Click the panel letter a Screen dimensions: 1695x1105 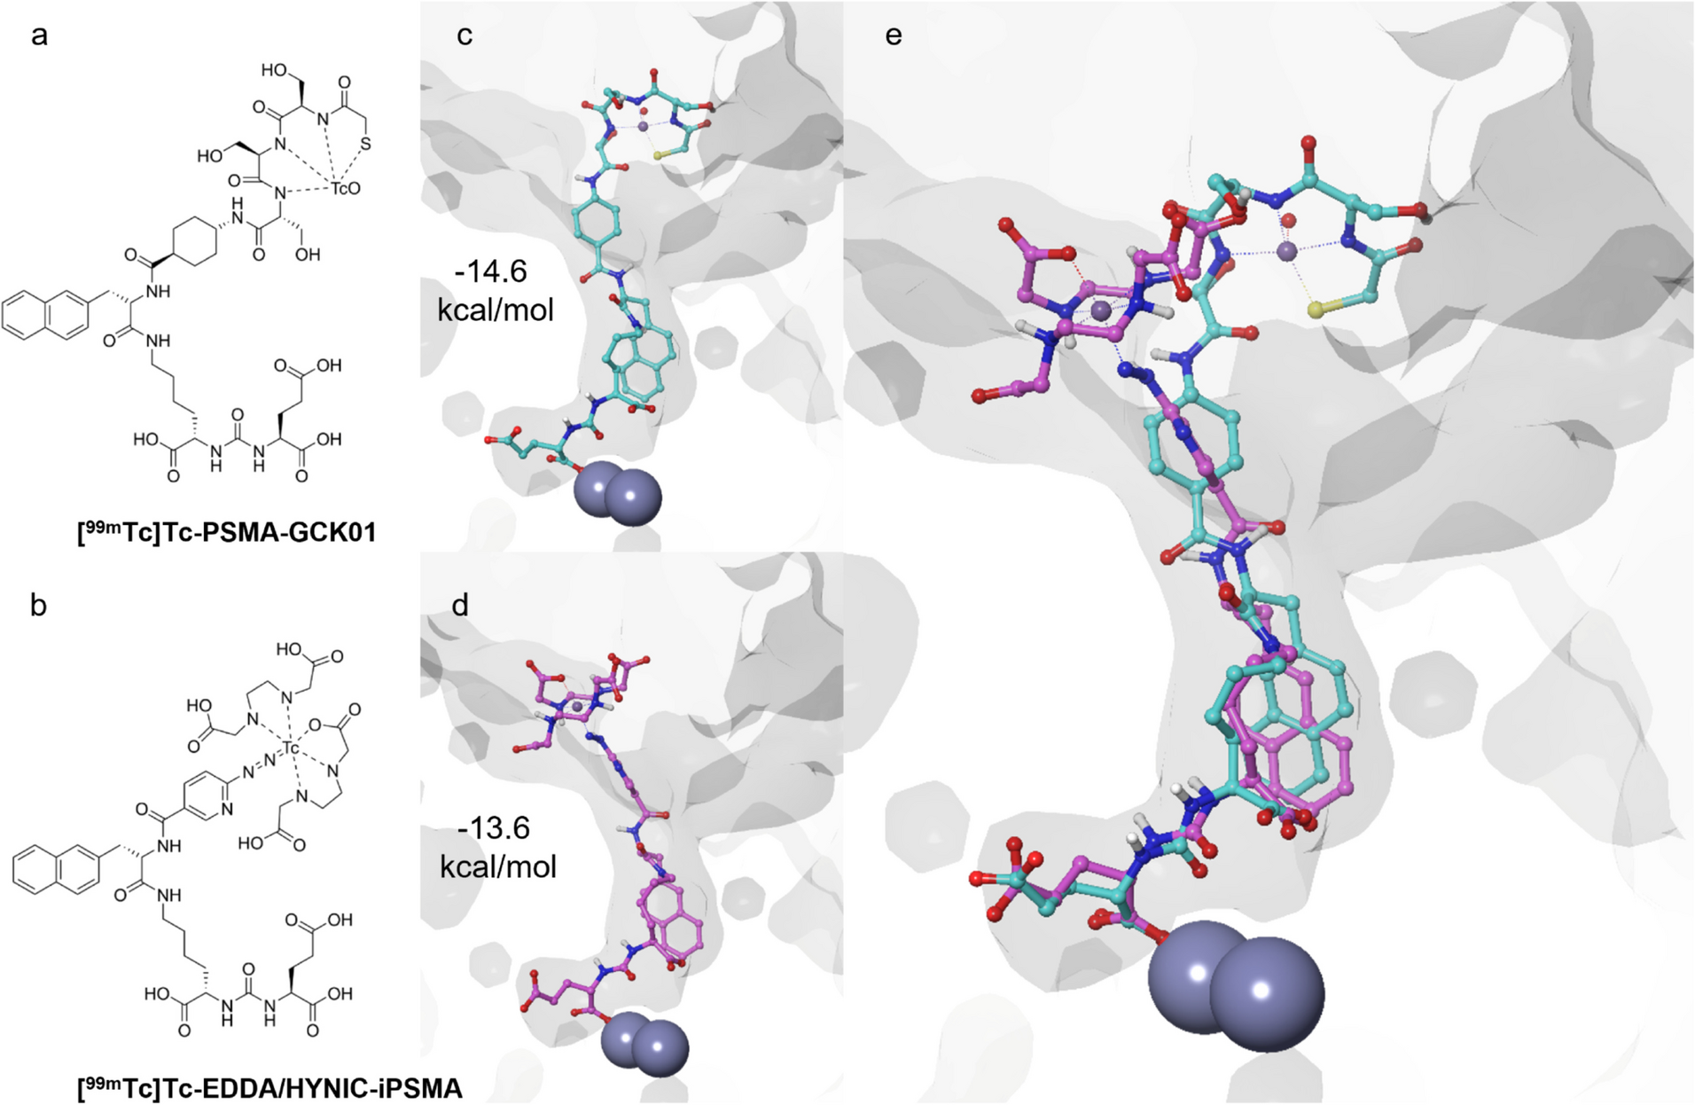[38, 36]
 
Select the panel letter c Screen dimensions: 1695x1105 [464, 36]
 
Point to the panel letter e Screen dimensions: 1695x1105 [894, 36]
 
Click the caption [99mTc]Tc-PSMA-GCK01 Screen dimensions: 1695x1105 [226, 532]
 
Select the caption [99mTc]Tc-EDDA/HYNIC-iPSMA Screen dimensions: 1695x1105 [269, 1087]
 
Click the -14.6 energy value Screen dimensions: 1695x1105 [491, 271]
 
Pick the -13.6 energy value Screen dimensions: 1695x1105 [495, 828]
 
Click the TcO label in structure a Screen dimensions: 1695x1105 [346, 189]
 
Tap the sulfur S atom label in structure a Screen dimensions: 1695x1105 [366, 145]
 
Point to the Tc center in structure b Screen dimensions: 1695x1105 [291, 750]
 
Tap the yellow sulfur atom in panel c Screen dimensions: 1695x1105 [658, 156]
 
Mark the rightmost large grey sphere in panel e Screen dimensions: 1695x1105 [1267, 993]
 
